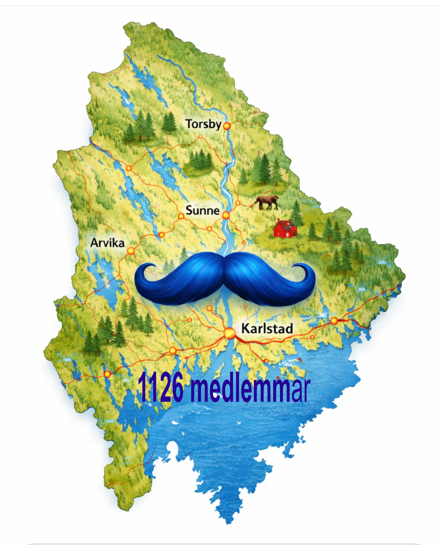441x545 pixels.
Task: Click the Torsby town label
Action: point(203,124)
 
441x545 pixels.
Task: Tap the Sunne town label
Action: point(202,210)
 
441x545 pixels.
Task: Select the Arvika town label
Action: point(107,243)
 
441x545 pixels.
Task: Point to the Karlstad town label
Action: point(267,329)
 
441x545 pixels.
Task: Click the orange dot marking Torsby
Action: point(227,126)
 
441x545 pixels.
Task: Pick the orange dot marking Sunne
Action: point(226,215)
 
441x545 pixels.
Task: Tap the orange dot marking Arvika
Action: point(131,251)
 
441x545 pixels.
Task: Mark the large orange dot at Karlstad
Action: point(229,333)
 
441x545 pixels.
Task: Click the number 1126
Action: point(161,387)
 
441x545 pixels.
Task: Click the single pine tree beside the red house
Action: point(297,213)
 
